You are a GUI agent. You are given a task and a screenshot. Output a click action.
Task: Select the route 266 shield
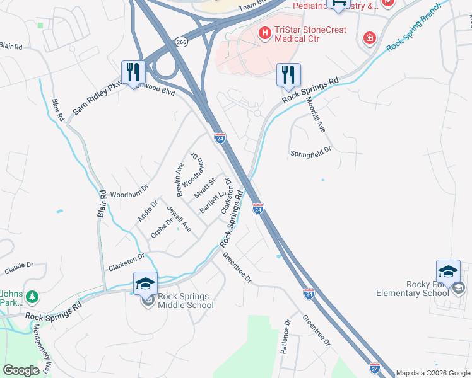click(x=182, y=42)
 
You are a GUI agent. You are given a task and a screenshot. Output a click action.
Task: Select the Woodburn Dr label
click(x=129, y=190)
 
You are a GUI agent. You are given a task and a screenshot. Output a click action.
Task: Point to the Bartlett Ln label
click(x=213, y=202)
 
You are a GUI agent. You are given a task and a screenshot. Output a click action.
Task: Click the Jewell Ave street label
click(x=179, y=218)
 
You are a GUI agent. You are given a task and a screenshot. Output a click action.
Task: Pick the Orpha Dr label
click(x=162, y=228)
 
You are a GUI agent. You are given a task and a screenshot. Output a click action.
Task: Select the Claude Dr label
click(x=18, y=269)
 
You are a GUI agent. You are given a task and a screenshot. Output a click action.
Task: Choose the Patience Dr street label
click(x=286, y=336)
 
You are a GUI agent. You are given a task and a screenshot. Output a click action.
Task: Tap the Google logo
click(x=21, y=370)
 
